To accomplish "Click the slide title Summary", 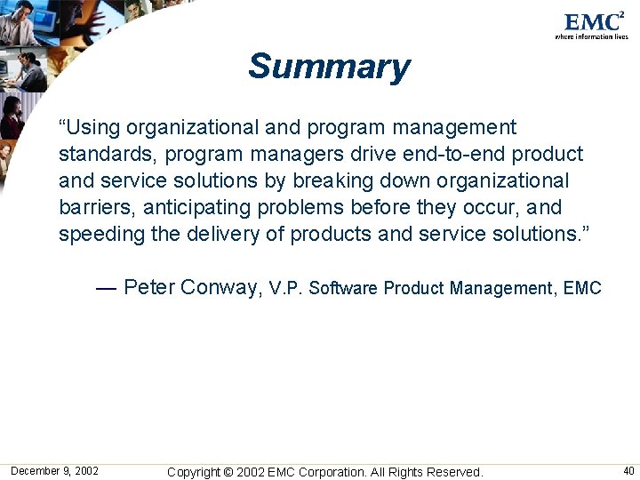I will pos(329,67).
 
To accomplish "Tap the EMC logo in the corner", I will pos(593,23).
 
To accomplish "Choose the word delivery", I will pos(222,235).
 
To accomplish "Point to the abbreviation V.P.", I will pos(285,288).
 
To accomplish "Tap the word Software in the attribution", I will pos(344,288).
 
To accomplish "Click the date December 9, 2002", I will pos(54,471).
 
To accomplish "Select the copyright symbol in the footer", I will pos(227,472).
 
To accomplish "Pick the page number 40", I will pos(628,471).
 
